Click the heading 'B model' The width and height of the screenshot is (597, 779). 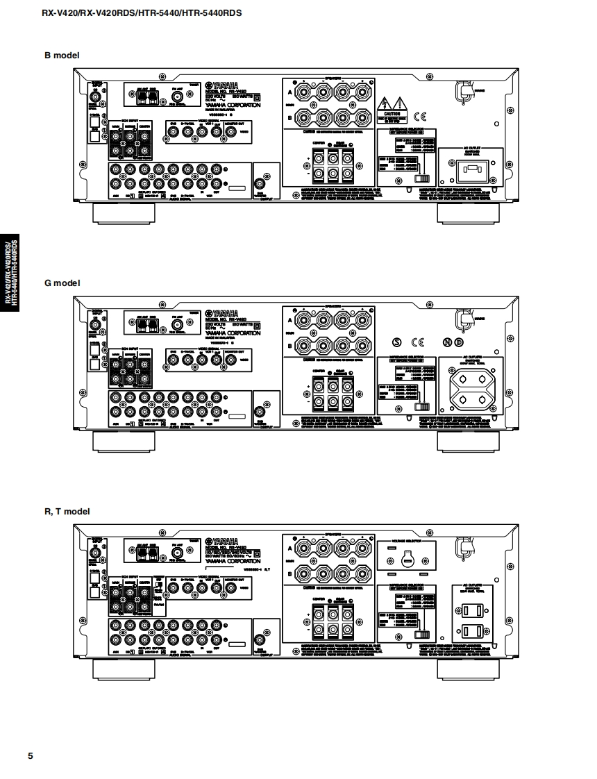62,55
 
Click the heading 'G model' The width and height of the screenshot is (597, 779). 62,283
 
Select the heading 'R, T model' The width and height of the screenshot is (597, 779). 67,512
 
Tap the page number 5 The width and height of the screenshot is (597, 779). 30,756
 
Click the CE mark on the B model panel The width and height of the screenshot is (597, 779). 421,116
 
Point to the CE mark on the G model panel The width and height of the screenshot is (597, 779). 418,342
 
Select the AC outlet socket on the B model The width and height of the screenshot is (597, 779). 472,170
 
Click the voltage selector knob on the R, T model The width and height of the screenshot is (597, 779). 407,560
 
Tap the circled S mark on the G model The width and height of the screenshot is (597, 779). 397,342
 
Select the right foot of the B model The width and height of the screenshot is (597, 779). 468,212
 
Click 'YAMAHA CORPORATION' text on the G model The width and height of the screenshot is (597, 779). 233,333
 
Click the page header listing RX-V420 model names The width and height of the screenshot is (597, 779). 142,12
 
